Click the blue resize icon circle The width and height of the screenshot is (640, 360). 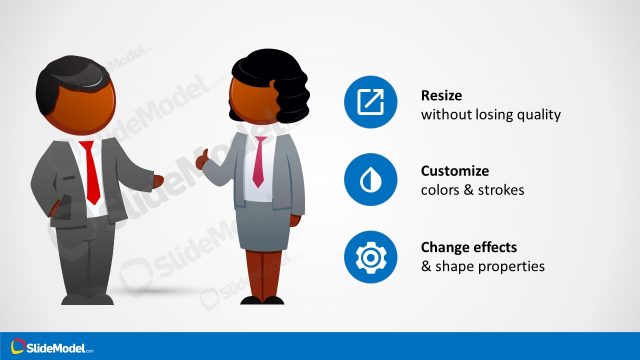pyautogui.click(x=370, y=101)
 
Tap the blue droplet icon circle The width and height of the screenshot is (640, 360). pyautogui.click(x=370, y=179)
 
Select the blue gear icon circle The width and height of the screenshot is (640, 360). pyautogui.click(x=370, y=256)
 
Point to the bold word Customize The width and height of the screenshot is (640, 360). pyautogui.click(x=455, y=171)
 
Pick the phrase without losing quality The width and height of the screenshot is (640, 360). pyautogui.click(x=490, y=115)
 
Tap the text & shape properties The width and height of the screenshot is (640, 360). pyautogui.click(x=482, y=267)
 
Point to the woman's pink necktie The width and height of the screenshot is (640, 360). pyautogui.click(x=258, y=160)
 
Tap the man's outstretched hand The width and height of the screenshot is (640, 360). pyautogui.click(x=157, y=180)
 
